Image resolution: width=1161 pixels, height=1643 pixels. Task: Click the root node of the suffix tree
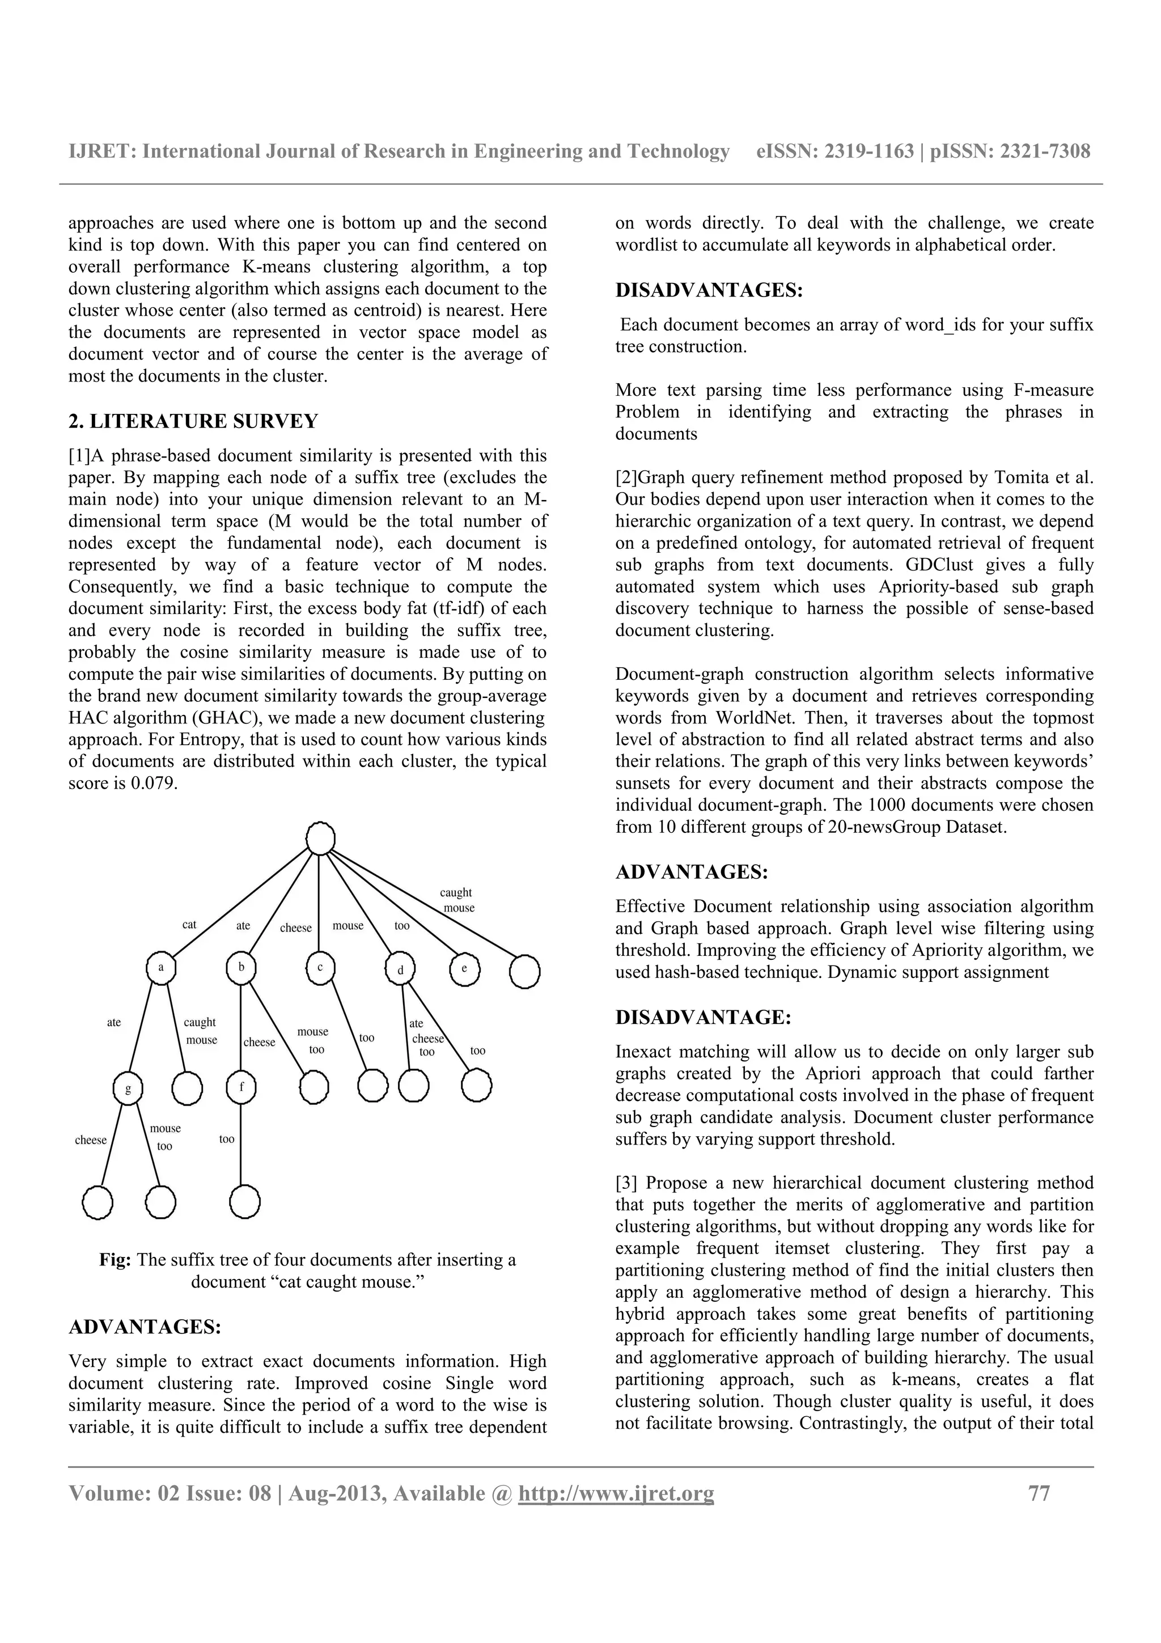tap(320, 838)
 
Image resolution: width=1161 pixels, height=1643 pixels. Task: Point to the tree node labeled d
tap(401, 969)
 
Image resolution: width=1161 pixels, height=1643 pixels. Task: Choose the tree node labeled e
tap(465, 969)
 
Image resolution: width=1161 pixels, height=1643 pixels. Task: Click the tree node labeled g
tap(128, 1089)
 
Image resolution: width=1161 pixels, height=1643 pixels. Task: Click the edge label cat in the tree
tap(189, 925)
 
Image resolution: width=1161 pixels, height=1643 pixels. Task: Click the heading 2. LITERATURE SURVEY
tap(193, 421)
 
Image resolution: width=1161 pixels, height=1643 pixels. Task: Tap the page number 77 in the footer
tap(1039, 1493)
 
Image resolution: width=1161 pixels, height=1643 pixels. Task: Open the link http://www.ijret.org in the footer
tap(616, 1493)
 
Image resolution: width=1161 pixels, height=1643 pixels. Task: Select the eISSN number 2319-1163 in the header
tap(869, 151)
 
